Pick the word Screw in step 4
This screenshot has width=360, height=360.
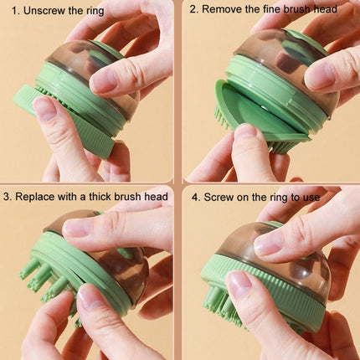coord(219,198)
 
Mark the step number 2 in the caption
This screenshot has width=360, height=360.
coord(193,10)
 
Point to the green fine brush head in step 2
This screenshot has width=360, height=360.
coord(251,117)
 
